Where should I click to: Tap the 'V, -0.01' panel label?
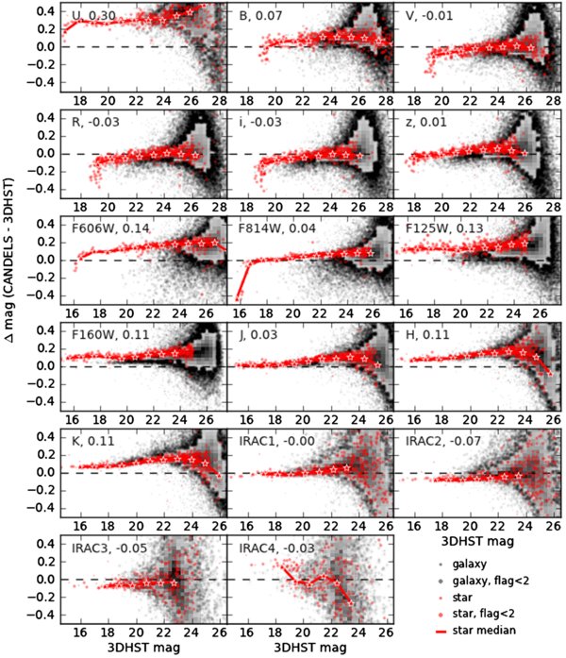tap(422, 16)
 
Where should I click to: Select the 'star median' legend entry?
tap(482, 630)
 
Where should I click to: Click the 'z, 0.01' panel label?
tap(419, 123)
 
